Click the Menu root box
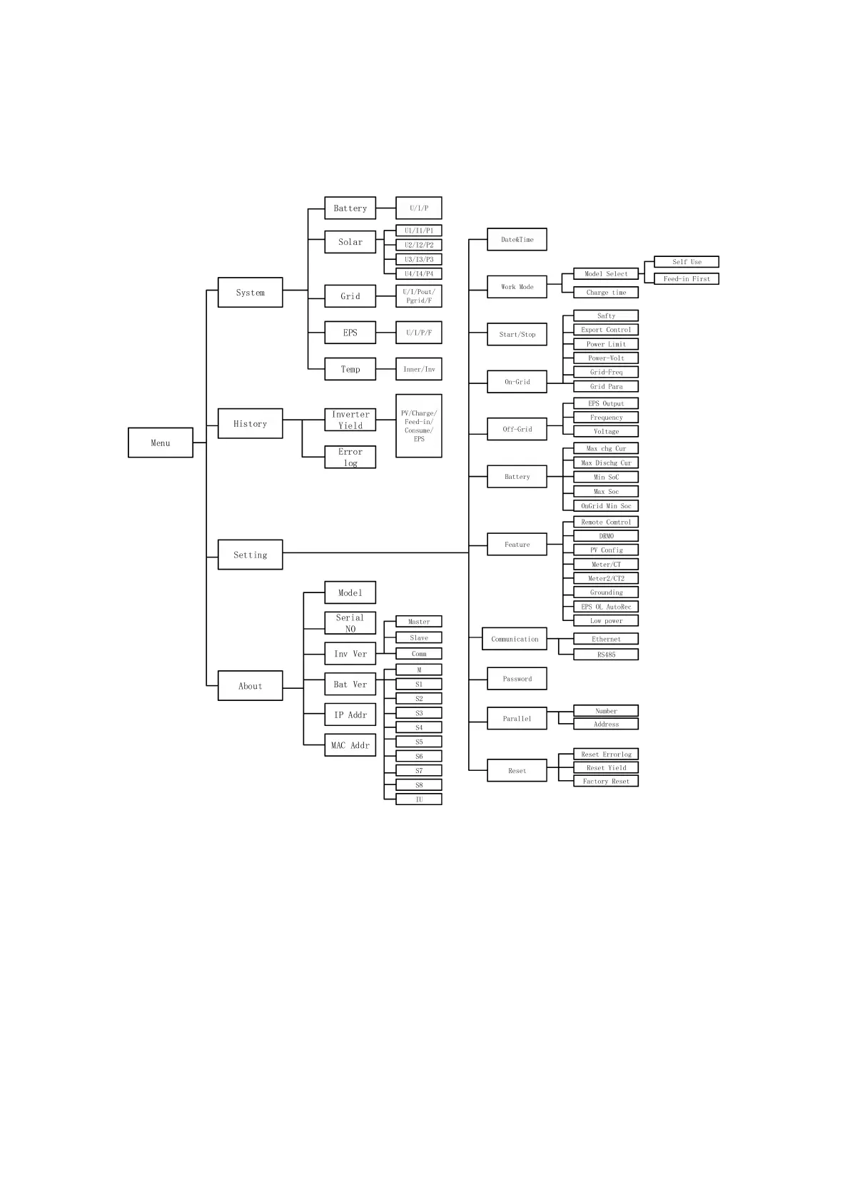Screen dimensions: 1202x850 [160, 443]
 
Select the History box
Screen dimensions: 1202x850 [250, 423]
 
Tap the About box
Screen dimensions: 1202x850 [250, 685]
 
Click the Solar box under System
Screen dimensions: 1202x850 [350, 242]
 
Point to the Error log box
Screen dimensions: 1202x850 [350, 457]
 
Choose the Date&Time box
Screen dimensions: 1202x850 [517, 239]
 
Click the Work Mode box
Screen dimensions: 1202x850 [517, 286]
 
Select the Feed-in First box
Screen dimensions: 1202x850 [686, 278]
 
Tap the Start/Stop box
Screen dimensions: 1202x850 [517, 334]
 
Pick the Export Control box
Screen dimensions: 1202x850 [605, 330]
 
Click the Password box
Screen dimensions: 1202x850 [517, 678]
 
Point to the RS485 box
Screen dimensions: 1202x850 [605, 654]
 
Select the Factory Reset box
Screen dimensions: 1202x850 [605, 781]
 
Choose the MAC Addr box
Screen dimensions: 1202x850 [350, 744]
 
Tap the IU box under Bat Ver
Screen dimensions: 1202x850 [418, 799]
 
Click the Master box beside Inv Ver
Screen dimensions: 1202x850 [418, 621]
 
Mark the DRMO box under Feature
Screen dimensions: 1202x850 [605, 535]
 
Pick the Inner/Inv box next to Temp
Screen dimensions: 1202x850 [418, 369]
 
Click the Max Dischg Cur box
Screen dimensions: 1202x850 [605, 463]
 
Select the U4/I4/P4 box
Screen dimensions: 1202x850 [418, 273]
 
